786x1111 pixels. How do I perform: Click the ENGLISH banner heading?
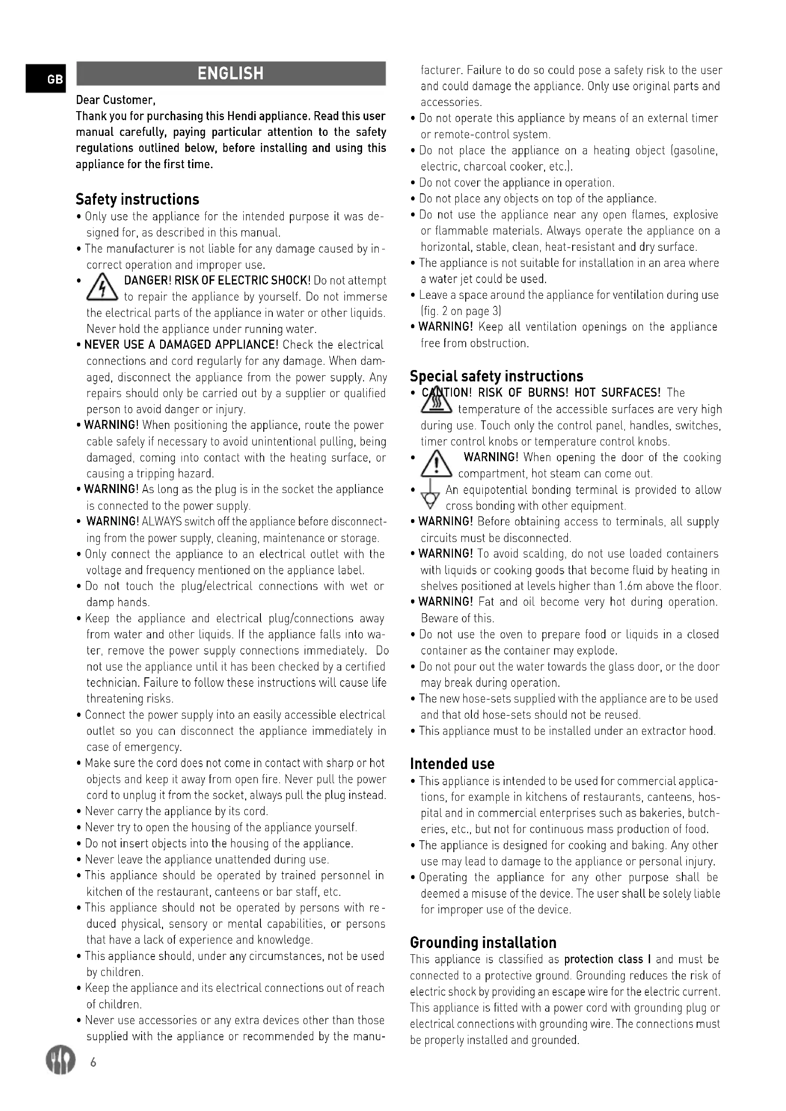coord(231,74)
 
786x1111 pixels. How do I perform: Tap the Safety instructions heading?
coord(137,199)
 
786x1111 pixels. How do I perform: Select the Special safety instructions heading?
coord(496,376)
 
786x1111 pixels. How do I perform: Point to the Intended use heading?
coord(452,764)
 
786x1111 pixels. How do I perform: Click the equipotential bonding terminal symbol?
coord(430,497)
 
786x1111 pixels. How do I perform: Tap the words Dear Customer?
coord(115,100)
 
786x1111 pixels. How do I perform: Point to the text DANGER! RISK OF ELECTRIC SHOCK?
coord(217,281)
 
